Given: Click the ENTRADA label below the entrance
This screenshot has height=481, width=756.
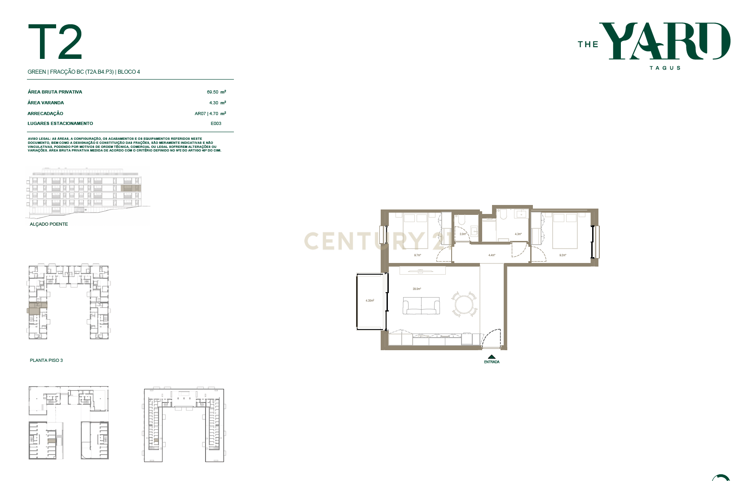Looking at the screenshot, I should pyautogui.click(x=492, y=362).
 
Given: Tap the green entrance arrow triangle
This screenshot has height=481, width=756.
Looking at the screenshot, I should pyautogui.click(x=492, y=357).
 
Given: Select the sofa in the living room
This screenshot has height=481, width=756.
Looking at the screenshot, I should pyautogui.click(x=421, y=306).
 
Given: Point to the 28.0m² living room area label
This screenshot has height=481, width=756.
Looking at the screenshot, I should pyautogui.click(x=417, y=289).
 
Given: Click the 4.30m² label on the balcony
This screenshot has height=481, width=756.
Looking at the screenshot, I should pyautogui.click(x=370, y=300).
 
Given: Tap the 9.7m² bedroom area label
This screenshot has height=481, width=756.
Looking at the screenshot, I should pyautogui.click(x=418, y=255).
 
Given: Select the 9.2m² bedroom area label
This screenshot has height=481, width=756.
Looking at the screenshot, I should pyautogui.click(x=563, y=255).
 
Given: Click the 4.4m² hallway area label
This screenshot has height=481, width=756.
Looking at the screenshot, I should pyautogui.click(x=492, y=255).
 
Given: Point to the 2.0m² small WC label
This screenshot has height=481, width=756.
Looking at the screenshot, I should pyautogui.click(x=462, y=234).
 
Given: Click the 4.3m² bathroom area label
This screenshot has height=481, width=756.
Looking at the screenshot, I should pyautogui.click(x=518, y=234).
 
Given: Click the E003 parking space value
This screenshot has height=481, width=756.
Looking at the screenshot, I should pyautogui.click(x=216, y=124).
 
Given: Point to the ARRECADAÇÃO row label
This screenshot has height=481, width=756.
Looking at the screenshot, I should pyautogui.click(x=45, y=114).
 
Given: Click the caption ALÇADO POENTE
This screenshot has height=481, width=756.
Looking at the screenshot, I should pyautogui.click(x=49, y=224).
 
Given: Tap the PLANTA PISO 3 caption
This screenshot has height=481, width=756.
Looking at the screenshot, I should pyautogui.click(x=46, y=361).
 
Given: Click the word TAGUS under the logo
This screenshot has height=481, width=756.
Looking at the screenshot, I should pyautogui.click(x=665, y=68).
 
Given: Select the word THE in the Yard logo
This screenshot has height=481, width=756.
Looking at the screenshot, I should pyautogui.click(x=588, y=45).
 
